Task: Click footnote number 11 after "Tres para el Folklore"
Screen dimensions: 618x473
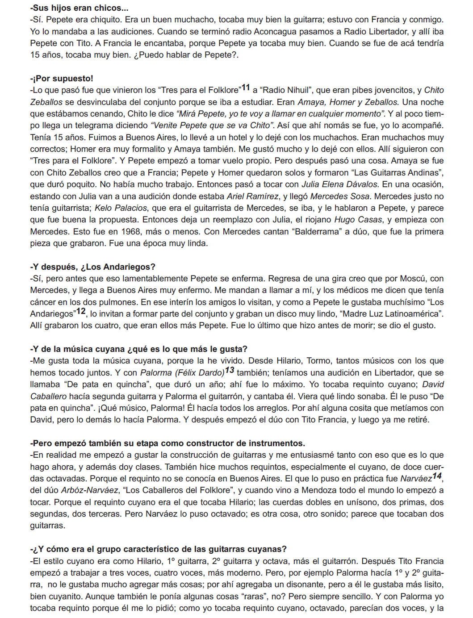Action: pos(246,88)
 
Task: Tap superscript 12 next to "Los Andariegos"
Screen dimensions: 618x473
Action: pos(81,311)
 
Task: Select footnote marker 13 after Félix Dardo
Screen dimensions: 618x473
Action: pos(230,370)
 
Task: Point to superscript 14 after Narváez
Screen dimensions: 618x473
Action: pos(437,476)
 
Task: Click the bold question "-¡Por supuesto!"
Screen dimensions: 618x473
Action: pos(62,79)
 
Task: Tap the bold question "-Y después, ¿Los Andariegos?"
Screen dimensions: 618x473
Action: pos(93,267)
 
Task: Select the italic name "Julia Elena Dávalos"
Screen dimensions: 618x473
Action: pos(340,184)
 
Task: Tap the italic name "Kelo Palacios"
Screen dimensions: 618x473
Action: pos(121,208)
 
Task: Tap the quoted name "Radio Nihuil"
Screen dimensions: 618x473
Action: pos(285,90)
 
